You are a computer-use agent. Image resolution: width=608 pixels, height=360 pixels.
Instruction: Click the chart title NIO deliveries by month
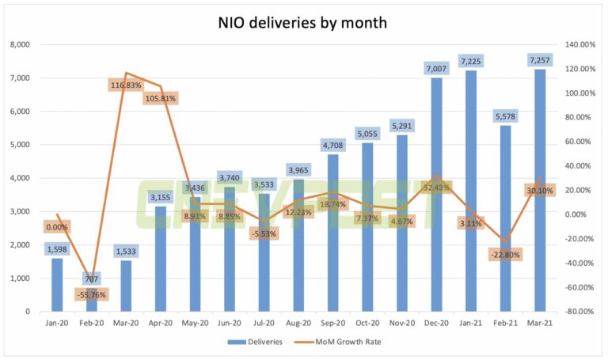pyautogui.click(x=303, y=22)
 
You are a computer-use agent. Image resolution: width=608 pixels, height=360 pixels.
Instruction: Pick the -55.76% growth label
pyautogui.click(x=92, y=295)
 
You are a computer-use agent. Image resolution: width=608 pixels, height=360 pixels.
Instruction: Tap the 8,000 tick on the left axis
pyautogui.click(x=18, y=45)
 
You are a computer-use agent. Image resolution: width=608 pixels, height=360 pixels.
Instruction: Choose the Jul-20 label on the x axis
pyautogui.click(x=264, y=323)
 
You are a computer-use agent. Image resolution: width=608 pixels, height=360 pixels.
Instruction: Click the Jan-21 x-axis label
pyautogui.click(x=470, y=323)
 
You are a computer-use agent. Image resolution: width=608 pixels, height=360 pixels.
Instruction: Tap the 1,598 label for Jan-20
pyautogui.click(x=57, y=250)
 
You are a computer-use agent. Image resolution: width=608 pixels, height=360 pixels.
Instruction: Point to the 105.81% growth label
pyautogui.click(x=161, y=98)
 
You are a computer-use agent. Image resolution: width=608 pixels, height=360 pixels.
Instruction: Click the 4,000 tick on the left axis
pyautogui.click(x=18, y=179)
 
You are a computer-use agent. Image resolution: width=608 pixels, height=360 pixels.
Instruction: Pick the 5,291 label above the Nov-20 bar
pyautogui.click(x=401, y=126)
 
